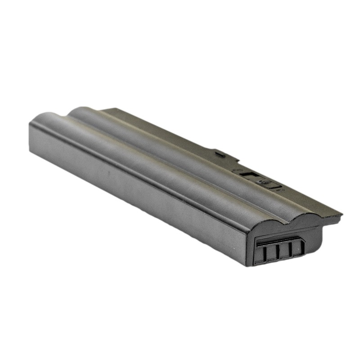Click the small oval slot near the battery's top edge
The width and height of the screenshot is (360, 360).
(220, 154)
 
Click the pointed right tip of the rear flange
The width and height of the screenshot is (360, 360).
(340, 216)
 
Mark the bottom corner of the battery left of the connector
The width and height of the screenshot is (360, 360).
(248, 265)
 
